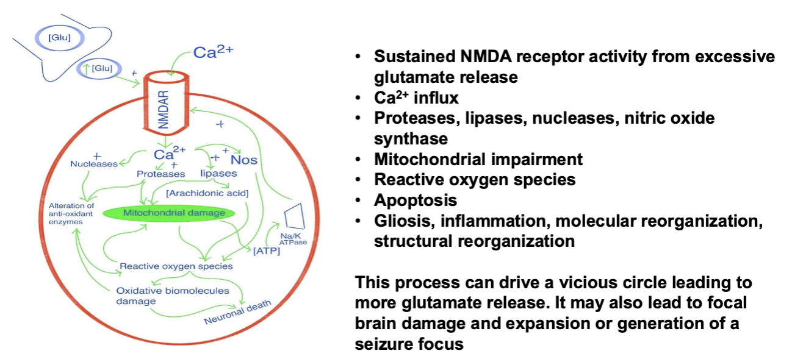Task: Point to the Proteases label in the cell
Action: (160, 174)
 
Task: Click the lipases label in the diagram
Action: (218, 174)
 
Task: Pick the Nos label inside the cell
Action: (244, 160)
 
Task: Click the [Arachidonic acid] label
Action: (207, 193)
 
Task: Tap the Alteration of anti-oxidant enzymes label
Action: (71, 214)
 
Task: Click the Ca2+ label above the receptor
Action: (213, 52)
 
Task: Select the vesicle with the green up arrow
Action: (97, 69)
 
